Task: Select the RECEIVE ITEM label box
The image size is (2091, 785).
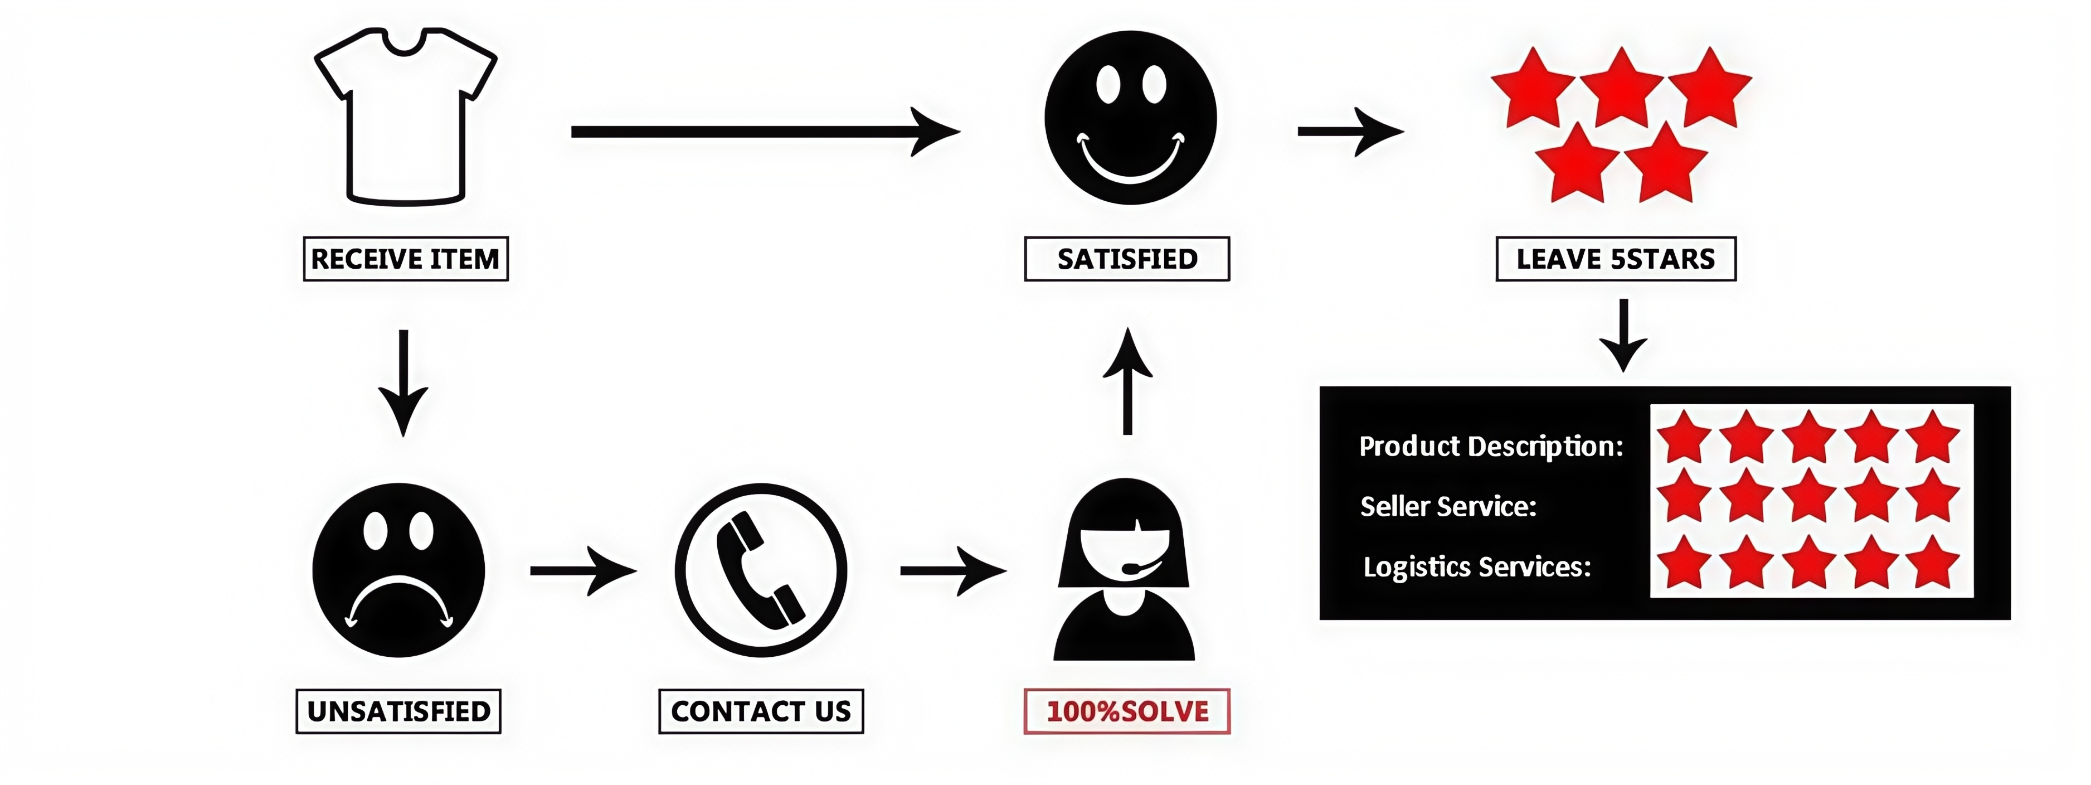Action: pyautogui.click(x=405, y=259)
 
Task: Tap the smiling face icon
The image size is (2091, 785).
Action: pyautogui.click(x=1130, y=118)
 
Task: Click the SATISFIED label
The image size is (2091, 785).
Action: pyautogui.click(x=1127, y=259)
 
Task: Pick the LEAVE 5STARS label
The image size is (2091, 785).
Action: pyautogui.click(x=1615, y=259)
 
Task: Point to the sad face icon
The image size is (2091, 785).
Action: pyautogui.click(x=398, y=570)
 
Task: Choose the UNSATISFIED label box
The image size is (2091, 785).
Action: pyautogui.click(x=398, y=711)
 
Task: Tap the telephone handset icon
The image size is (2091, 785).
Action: pyautogui.click(x=761, y=570)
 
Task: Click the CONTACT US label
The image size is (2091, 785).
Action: pyautogui.click(x=761, y=711)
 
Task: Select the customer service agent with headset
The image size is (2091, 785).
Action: pyautogui.click(x=1124, y=570)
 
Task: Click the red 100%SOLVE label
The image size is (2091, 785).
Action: pyautogui.click(x=1127, y=711)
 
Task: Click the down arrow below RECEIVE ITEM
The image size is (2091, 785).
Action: pyautogui.click(x=402, y=381)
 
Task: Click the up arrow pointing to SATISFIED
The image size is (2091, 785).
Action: pyautogui.click(x=1127, y=381)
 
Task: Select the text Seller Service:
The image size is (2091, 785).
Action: pyautogui.click(x=1448, y=507)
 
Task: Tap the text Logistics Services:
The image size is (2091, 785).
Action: pyautogui.click(x=1476, y=566)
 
